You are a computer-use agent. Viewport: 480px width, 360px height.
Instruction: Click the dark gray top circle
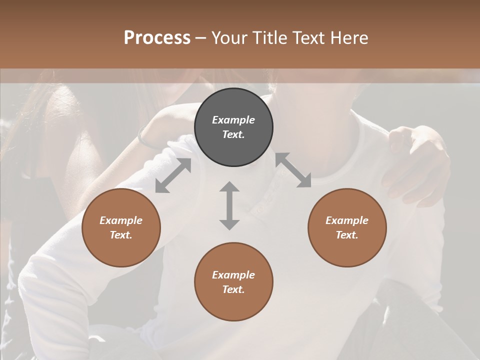(x=233, y=127)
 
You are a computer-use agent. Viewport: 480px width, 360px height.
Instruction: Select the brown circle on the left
(x=121, y=227)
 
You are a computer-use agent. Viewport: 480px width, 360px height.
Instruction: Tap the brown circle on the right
(x=347, y=227)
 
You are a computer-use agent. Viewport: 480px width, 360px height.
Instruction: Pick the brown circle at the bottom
(x=233, y=282)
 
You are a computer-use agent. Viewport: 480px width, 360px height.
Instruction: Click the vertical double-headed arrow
(x=229, y=205)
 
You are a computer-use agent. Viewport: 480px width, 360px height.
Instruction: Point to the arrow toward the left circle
(x=173, y=175)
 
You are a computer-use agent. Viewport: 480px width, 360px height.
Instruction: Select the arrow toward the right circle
(x=293, y=170)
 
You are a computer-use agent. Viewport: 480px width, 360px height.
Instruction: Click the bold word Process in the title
(x=157, y=37)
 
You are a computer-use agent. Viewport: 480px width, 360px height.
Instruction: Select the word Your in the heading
(x=230, y=37)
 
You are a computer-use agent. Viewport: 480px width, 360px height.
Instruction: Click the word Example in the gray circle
(x=233, y=120)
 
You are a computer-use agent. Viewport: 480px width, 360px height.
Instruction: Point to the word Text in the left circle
(x=121, y=235)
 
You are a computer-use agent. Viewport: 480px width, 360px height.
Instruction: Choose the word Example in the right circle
(x=347, y=220)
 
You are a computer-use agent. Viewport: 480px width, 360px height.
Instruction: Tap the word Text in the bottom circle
(x=233, y=289)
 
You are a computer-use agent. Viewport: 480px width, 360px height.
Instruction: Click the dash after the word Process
(x=201, y=38)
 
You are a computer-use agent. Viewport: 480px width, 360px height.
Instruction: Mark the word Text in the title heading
(x=310, y=37)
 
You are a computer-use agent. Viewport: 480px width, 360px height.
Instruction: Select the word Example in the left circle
(x=121, y=220)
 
